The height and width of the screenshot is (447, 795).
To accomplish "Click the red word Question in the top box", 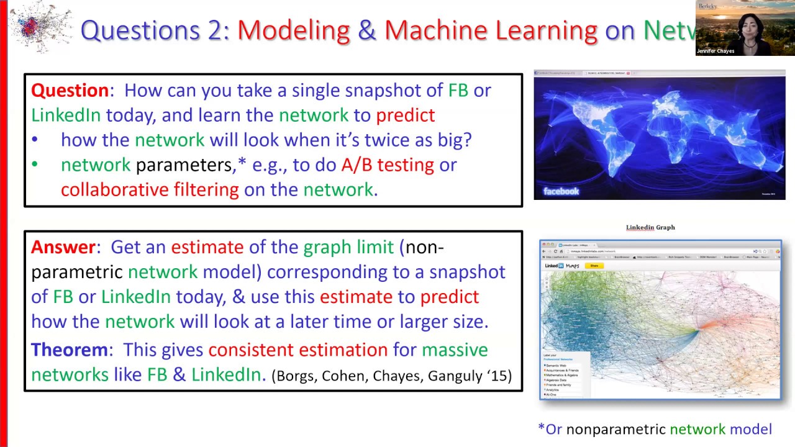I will [70, 91].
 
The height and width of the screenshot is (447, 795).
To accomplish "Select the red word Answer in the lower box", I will [63, 247].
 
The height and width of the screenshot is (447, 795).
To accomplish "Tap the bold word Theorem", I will [69, 350].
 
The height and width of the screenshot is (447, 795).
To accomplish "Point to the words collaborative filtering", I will [150, 189].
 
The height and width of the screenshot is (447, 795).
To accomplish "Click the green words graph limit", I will [348, 247].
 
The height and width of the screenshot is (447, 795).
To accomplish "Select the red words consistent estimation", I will [298, 350].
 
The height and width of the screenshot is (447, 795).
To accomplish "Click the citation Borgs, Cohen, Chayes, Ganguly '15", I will [391, 376].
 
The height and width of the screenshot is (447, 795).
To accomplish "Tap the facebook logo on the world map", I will [561, 191].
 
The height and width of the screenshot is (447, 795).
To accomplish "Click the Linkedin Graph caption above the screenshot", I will [650, 227].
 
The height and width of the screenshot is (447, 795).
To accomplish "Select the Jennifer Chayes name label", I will [716, 51].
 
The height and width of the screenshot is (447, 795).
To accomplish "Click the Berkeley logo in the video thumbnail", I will [708, 6].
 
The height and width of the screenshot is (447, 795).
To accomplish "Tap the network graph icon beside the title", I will [39, 27].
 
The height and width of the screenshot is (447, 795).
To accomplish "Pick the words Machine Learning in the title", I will [490, 30].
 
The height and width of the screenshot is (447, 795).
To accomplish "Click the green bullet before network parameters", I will [35, 165].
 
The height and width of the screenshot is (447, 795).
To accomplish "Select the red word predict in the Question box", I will [405, 115].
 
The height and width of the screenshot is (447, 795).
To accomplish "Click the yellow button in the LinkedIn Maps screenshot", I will [594, 266].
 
